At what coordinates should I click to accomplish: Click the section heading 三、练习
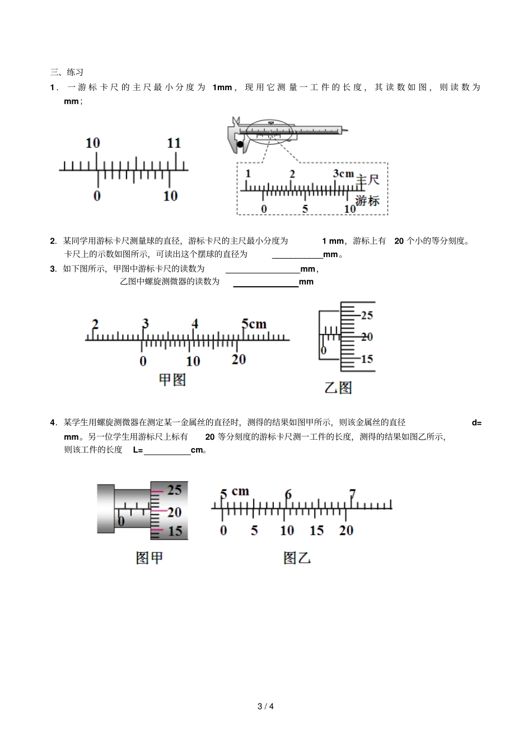click(x=67, y=72)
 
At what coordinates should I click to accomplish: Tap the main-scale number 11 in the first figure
click(x=174, y=143)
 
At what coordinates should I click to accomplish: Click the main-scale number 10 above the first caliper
click(x=92, y=143)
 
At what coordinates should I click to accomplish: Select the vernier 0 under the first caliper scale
click(x=97, y=196)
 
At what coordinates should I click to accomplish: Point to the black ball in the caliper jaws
click(x=240, y=145)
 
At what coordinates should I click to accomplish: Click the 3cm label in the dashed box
click(x=343, y=174)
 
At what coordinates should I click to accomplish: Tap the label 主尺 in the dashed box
click(x=368, y=180)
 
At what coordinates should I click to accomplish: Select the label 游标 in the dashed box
click(x=367, y=201)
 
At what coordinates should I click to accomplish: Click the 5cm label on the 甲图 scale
click(x=254, y=324)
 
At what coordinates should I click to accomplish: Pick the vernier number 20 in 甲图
click(x=239, y=360)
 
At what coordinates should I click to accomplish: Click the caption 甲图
click(x=172, y=380)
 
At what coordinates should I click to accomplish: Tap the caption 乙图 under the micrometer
click(x=338, y=387)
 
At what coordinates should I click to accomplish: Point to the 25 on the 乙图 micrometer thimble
click(x=367, y=315)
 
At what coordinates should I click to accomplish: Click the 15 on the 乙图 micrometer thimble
click(x=367, y=359)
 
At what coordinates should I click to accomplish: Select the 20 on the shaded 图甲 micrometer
click(x=174, y=512)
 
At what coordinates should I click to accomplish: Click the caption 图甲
click(x=150, y=558)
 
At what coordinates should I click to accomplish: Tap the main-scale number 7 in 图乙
click(x=352, y=494)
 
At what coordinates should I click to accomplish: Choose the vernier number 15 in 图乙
click(x=316, y=530)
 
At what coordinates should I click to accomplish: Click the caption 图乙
click(x=297, y=558)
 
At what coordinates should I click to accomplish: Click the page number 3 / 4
click(x=265, y=706)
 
